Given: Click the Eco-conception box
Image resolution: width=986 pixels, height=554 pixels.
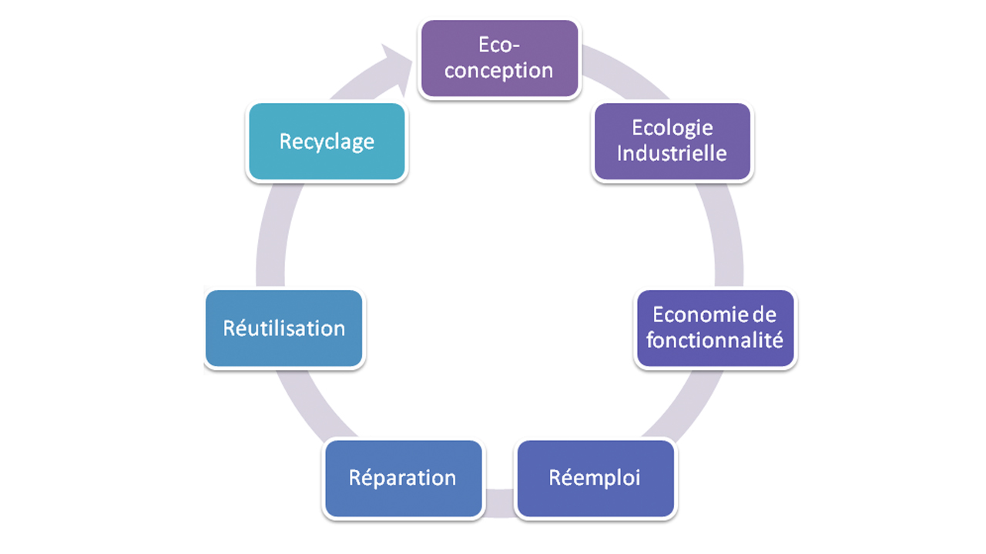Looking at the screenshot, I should [498, 58].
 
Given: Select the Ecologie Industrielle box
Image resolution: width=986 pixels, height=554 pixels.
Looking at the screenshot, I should [672, 142].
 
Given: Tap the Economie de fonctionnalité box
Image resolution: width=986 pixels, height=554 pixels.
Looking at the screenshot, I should [715, 329].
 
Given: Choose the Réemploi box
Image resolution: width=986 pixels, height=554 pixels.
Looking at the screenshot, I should [595, 478].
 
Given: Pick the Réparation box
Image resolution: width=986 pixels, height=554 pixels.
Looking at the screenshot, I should [403, 478].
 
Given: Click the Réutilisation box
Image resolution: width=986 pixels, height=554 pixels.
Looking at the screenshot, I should [283, 329].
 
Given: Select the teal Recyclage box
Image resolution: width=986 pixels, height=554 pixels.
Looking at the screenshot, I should [327, 142].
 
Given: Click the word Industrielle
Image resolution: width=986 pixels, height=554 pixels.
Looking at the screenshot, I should [672, 153].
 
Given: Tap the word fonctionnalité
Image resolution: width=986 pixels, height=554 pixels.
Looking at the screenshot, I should [715, 340].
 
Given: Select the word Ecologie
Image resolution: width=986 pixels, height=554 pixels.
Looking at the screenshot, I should [672, 128].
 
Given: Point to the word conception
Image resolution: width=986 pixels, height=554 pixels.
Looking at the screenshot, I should [498, 71].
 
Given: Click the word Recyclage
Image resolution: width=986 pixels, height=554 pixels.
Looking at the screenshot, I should [327, 142].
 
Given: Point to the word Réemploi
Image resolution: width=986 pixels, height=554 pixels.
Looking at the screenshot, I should [595, 478].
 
